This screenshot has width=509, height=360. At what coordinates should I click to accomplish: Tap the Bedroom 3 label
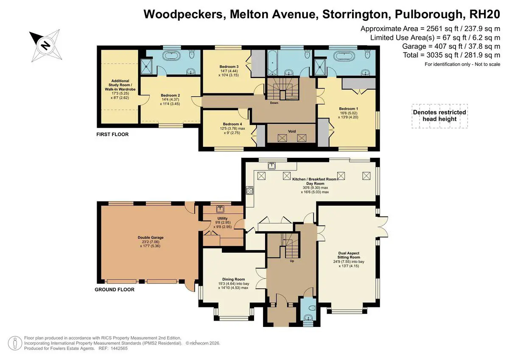229,67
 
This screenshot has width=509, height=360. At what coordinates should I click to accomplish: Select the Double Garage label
151,237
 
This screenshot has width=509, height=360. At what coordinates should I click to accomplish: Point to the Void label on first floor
292,131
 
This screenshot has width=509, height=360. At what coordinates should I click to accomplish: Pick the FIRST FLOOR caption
112,134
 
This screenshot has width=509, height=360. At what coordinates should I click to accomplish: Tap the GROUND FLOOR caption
115,290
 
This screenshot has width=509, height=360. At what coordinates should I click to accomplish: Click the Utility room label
222,218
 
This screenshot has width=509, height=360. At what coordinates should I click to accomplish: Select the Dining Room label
234,279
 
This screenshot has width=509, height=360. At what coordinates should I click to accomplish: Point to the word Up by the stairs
292,261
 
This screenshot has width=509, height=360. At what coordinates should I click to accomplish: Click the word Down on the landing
274,103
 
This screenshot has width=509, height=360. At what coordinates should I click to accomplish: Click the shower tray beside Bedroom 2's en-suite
147,66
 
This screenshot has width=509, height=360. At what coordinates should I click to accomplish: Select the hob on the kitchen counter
250,190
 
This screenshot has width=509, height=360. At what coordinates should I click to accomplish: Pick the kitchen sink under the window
272,165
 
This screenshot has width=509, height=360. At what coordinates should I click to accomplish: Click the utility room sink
220,209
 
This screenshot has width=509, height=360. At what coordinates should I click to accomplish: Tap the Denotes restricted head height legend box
439,116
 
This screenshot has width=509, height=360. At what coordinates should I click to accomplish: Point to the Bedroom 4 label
232,124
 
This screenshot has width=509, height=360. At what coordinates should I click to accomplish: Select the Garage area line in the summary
451,46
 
